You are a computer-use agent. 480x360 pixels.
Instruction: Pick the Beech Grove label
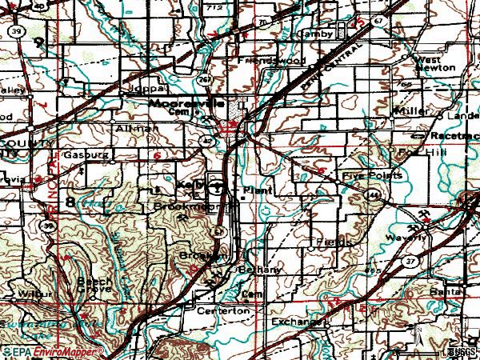pos(94,286)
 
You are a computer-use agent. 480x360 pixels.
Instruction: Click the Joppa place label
pos(148,88)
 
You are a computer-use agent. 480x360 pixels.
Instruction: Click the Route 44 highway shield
pos(374,194)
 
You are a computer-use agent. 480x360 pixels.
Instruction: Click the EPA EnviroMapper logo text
pos(52,351)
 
